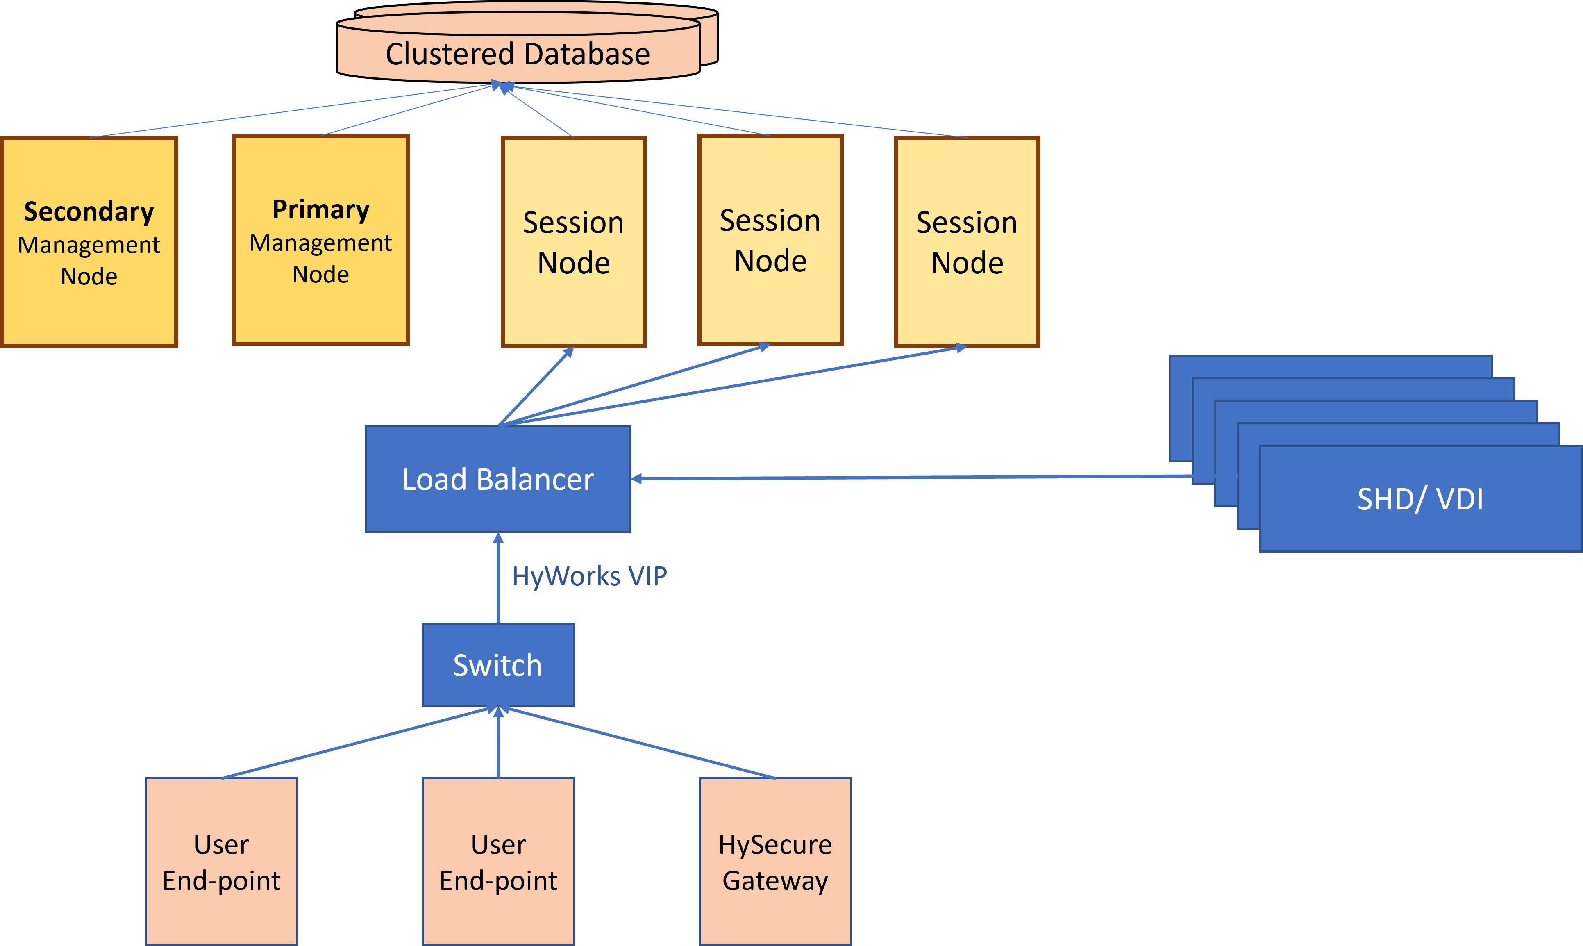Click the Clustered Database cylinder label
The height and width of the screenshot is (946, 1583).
point(518,54)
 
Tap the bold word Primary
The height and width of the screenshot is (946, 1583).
point(320,210)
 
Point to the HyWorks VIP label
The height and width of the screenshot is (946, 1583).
point(590,576)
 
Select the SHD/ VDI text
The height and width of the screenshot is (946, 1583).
point(1420,499)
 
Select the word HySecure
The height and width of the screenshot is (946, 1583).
point(775,845)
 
